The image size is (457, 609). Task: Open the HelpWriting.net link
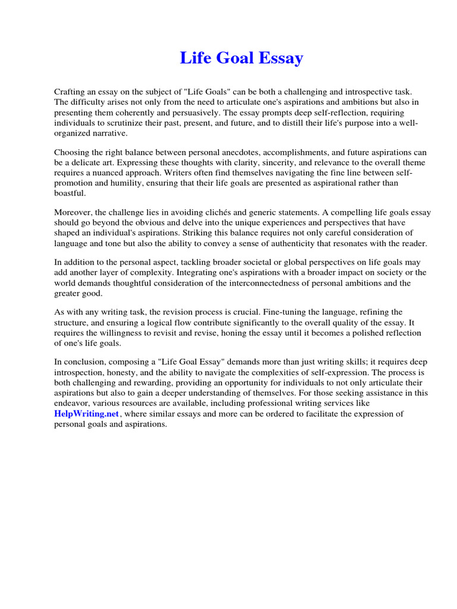pyautogui.click(x=87, y=414)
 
